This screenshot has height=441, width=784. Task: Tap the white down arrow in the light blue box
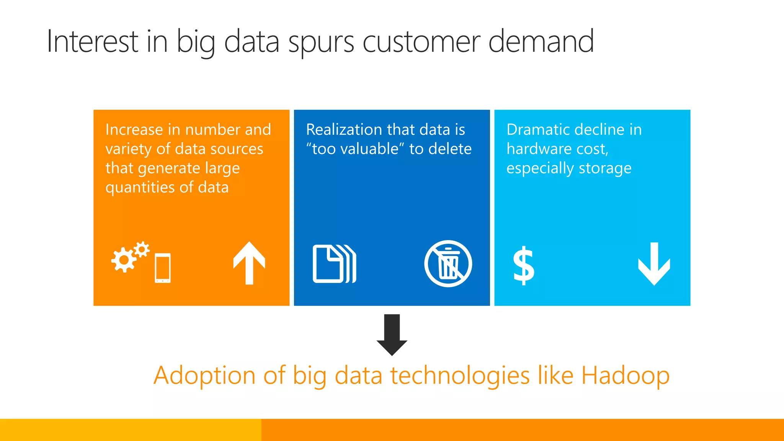[x=654, y=264]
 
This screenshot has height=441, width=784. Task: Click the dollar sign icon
[x=523, y=265]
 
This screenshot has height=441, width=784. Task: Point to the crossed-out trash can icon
[x=448, y=263]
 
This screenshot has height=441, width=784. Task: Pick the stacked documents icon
[x=334, y=264]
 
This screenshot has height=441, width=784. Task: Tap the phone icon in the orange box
[x=163, y=268]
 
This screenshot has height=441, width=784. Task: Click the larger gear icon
[x=123, y=260]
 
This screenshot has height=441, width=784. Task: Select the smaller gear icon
[x=142, y=249]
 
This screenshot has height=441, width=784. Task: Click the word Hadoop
[x=625, y=375]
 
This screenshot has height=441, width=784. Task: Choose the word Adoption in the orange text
[x=204, y=376]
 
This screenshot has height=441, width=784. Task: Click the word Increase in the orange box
[x=134, y=130]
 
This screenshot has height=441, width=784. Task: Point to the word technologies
[x=460, y=376]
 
